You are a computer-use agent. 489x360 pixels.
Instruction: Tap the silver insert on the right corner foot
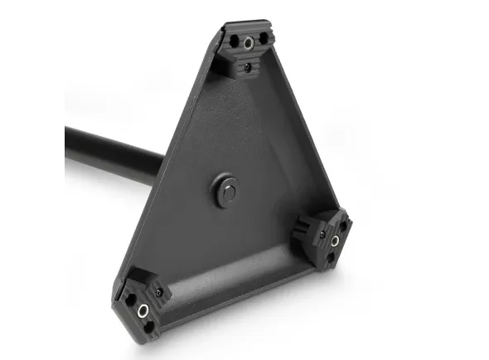click(335, 241)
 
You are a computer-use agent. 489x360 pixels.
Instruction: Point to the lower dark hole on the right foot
click(332, 258)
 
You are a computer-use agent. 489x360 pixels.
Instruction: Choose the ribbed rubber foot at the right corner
click(328, 239)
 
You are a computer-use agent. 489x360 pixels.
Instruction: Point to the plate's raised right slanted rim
click(307, 133)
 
